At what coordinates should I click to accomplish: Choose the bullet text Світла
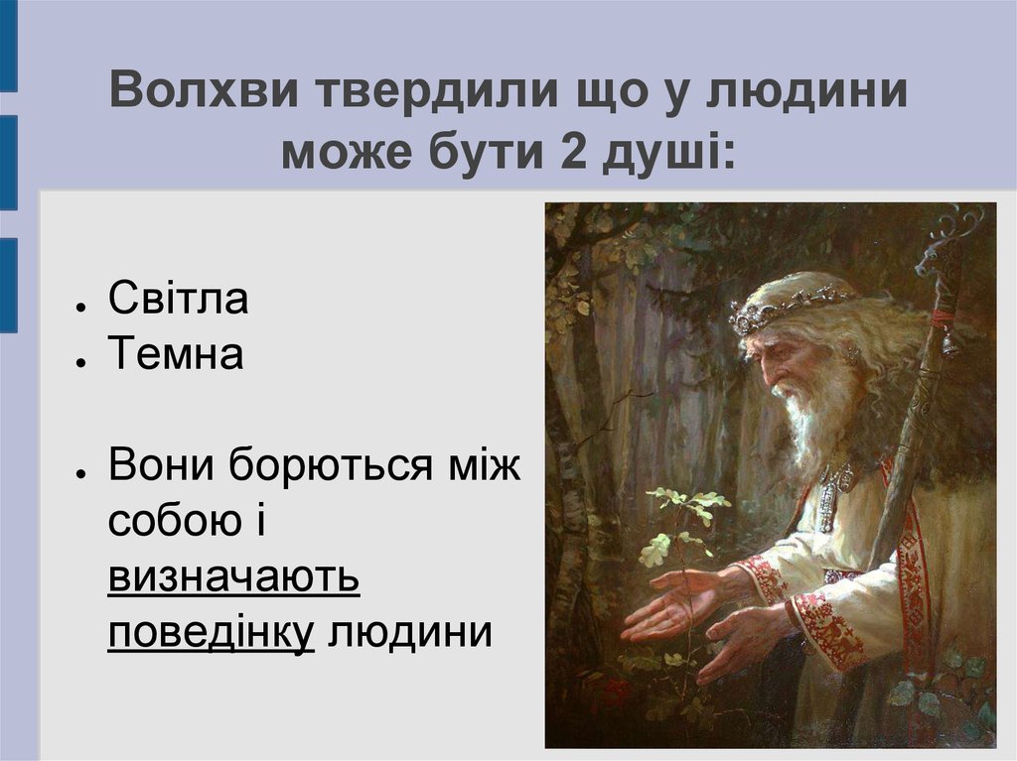pos(178,299)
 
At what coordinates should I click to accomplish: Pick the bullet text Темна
pos(175,354)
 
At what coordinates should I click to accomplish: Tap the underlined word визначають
pos(233,576)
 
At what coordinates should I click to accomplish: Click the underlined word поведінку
pos(211,632)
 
